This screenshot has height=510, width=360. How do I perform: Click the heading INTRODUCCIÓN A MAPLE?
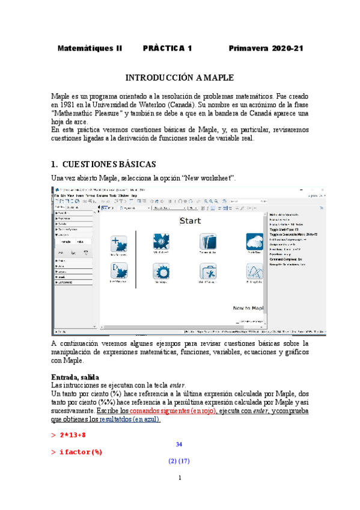tap(180, 78)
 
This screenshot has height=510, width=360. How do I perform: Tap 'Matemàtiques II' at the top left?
tap(90, 48)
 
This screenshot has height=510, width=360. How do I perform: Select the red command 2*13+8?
tap(73, 434)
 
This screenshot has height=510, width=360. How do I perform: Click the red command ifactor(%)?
tap(81, 452)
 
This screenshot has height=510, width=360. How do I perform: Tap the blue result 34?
tap(179, 444)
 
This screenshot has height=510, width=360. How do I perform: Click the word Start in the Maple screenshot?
tap(191, 221)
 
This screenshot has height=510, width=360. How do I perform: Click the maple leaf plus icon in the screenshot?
tap(118, 243)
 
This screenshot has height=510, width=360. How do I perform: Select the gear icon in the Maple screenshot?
tap(160, 272)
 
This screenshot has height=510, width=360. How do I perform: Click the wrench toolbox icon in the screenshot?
tap(207, 272)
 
